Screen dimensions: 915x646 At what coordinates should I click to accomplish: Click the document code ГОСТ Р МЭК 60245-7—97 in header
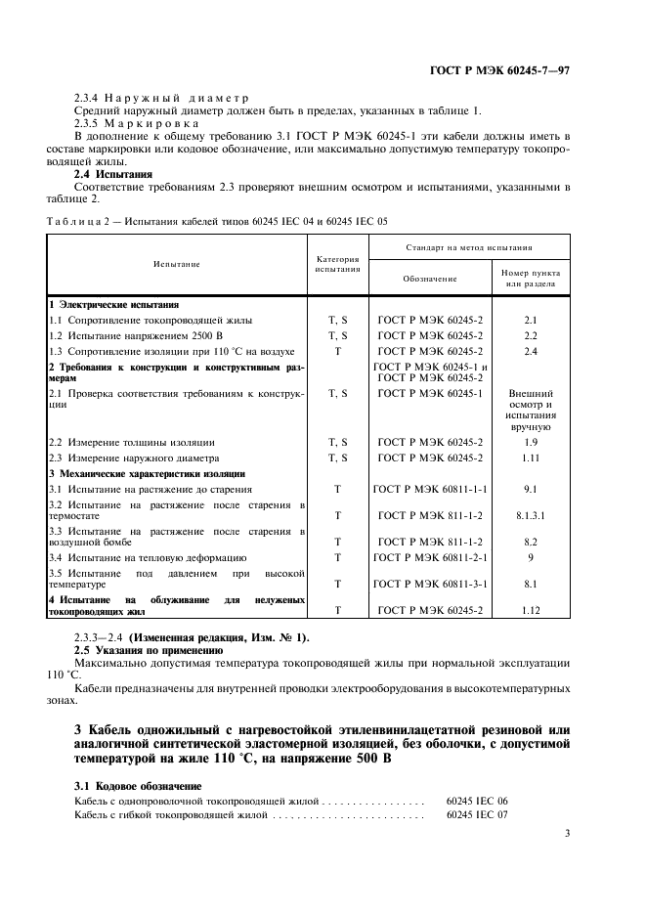500,71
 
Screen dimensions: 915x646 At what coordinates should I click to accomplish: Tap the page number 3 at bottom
567,833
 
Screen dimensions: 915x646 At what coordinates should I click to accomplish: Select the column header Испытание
176,264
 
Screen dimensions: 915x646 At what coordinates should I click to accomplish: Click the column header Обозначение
430,279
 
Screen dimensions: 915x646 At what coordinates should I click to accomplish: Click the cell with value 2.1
531,320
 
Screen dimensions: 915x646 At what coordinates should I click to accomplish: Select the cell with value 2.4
531,350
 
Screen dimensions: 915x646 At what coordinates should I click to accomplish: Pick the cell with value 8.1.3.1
531,514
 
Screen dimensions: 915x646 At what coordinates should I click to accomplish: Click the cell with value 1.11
531,457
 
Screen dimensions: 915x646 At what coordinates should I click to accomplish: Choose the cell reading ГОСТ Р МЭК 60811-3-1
430,583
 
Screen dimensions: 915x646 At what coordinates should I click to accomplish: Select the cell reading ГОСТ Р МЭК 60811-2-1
430,557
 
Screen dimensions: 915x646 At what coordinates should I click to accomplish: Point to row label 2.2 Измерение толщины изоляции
132,443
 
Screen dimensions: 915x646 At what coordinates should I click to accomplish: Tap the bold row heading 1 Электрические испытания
113,305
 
